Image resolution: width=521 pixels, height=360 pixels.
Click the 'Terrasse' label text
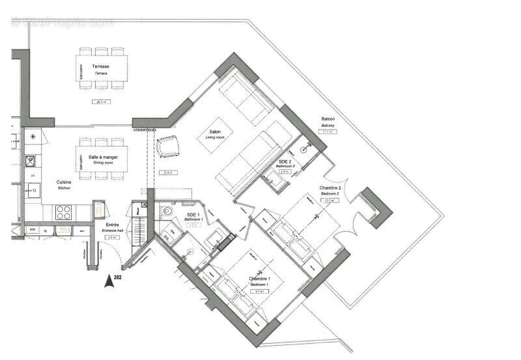[x=101, y=67]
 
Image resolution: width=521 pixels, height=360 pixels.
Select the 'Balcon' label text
[x=328, y=119]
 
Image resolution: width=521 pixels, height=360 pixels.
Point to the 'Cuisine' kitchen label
[x=63, y=183]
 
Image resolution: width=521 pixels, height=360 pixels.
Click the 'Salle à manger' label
[x=101, y=157]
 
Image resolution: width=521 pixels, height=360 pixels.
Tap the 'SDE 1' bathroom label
[x=192, y=214]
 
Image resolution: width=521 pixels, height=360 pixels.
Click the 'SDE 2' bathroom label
[x=285, y=161]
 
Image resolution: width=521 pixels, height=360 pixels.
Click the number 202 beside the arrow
[x=117, y=277]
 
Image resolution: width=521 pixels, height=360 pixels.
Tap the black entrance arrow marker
[x=106, y=281]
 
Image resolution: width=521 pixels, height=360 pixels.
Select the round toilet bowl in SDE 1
[x=166, y=212]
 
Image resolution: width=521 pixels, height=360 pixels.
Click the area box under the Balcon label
[x=328, y=132]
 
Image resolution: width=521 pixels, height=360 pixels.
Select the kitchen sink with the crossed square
[x=31, y=160]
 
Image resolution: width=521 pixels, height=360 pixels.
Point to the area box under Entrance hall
[x=111, y=238]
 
